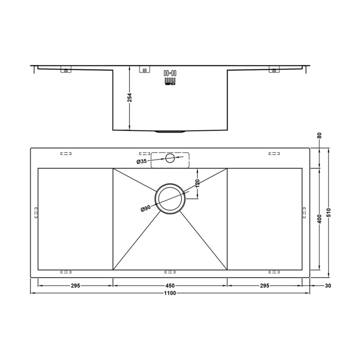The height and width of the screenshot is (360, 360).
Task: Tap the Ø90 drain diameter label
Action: tap(145, 208)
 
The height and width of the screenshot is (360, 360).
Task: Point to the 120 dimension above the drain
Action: tap(197, 183)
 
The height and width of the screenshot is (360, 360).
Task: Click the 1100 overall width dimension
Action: tap(170, 293)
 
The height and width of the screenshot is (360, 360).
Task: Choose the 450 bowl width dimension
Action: tap(170, 285)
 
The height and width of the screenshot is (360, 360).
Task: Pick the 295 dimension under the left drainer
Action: tap(75, 285)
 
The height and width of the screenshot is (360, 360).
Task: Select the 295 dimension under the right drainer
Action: tap(264, 285)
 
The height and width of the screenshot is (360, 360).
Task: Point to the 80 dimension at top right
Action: tap(319, 135)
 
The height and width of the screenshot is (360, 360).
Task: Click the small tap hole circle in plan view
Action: tap(170, 158)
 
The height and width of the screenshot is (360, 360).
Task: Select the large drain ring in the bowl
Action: tap(170, 198)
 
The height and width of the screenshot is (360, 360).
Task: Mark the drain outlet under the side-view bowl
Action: tap(170, 131)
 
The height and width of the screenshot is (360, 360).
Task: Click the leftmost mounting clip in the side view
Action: tap(66, 70)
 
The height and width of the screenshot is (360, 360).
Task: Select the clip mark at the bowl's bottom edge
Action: tap(170, 271)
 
